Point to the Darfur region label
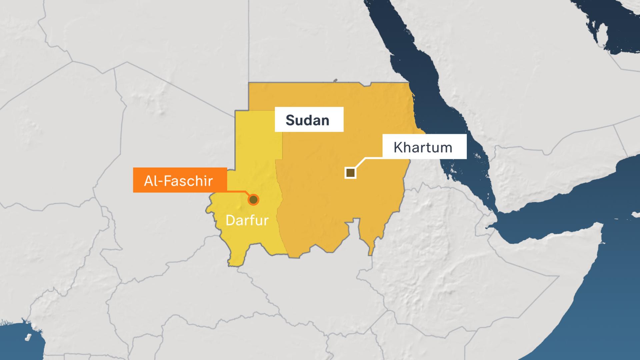tap(247, 220)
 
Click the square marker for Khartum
tap(350, 173)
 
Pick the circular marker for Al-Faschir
tap(254, 200)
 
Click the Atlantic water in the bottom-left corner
tap(17, 343)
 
